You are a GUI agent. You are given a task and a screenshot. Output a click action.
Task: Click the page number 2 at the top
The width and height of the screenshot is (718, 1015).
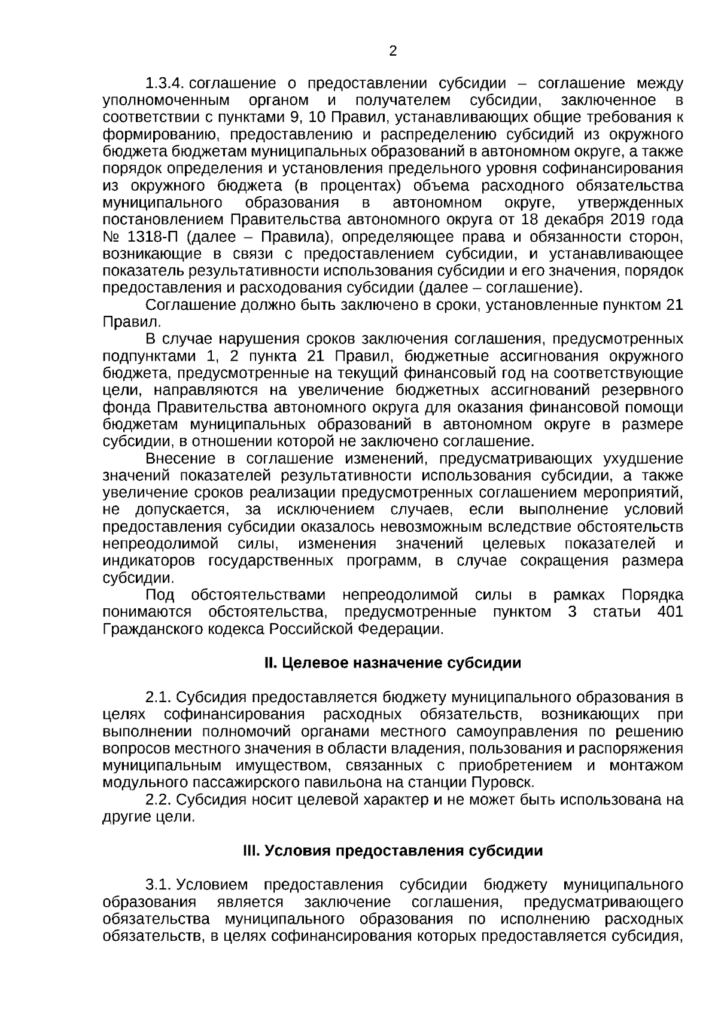point(393,51)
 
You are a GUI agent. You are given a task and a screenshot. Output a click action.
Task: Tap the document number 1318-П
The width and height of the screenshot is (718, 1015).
point(151,237)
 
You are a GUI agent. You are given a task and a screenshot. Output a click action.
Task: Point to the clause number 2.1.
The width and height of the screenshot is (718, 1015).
point(159,697)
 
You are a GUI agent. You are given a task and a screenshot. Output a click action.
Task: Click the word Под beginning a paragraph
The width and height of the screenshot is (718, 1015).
point(160,595)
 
